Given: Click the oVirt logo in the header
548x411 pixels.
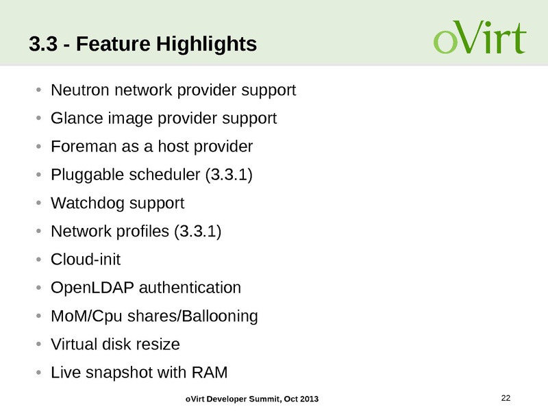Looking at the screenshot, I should (x=480, y=40).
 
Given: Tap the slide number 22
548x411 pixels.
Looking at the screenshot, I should (x=506, y=398).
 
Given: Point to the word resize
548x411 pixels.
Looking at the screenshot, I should (x=160, y=345).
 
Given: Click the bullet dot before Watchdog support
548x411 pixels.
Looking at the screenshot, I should (x=39, y=204).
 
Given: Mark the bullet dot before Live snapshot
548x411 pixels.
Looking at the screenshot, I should (x=39, y=373).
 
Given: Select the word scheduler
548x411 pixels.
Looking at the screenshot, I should (x=164, y=175).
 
